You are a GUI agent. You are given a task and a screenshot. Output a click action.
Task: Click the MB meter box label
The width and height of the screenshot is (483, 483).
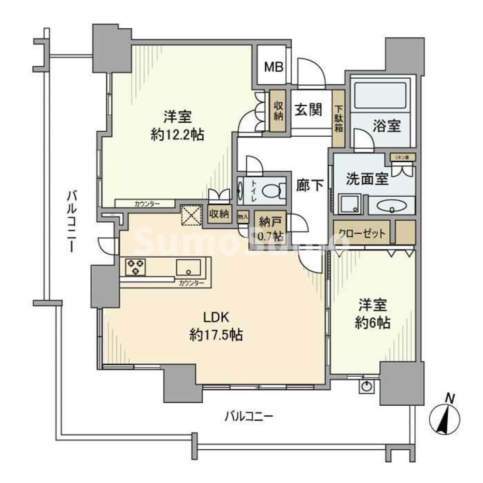pos(273,66)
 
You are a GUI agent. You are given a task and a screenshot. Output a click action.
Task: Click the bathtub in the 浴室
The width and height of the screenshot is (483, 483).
pos(380,97)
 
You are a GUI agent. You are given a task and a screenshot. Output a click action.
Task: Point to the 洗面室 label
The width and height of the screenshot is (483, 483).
pos(367,179)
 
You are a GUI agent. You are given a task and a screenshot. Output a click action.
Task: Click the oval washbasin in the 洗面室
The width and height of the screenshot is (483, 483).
pos(391,207)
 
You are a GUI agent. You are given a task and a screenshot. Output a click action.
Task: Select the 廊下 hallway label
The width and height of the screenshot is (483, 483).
pos(310,185)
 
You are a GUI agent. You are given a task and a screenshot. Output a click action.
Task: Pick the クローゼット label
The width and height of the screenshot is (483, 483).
pos(361,233)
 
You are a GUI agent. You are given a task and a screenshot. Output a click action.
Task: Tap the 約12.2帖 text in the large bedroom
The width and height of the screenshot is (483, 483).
pos(177,135)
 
